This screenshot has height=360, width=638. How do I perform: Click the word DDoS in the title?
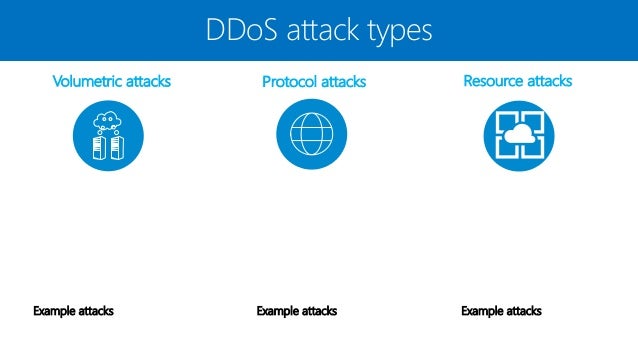(x=239, y=30)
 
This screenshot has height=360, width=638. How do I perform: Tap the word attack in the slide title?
(x=321, y=30)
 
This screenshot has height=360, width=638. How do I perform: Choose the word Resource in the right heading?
(x=494, y=80)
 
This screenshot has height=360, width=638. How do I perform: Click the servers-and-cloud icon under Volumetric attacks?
(x=109, y=135)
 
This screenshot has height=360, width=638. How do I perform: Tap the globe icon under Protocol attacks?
(x=311, y=135)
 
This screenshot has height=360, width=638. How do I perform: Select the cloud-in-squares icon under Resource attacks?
(x=518, y=135)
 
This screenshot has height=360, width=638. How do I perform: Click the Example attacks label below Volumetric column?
(x=73, y=311)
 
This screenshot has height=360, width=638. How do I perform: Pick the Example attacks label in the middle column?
(x=296, y=311)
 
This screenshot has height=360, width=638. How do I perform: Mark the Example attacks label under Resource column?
(x=501, y=311)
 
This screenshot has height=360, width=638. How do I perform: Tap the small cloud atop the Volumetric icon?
(x=109, y=121)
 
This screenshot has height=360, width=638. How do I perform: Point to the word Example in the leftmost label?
(x=53, y=311)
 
